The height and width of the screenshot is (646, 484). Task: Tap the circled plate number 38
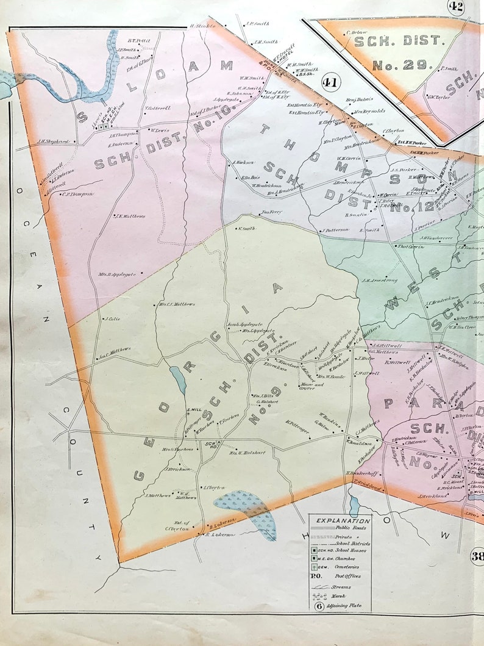coord(477,556)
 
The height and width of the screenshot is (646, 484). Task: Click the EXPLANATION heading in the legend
coord(340,521)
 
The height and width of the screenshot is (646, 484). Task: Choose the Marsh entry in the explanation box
coord(334,597)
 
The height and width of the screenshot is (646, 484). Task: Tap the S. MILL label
coord(193,410)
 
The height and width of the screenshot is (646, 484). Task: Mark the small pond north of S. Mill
coord(179,379)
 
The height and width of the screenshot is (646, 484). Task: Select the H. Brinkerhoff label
coord(363,473)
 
